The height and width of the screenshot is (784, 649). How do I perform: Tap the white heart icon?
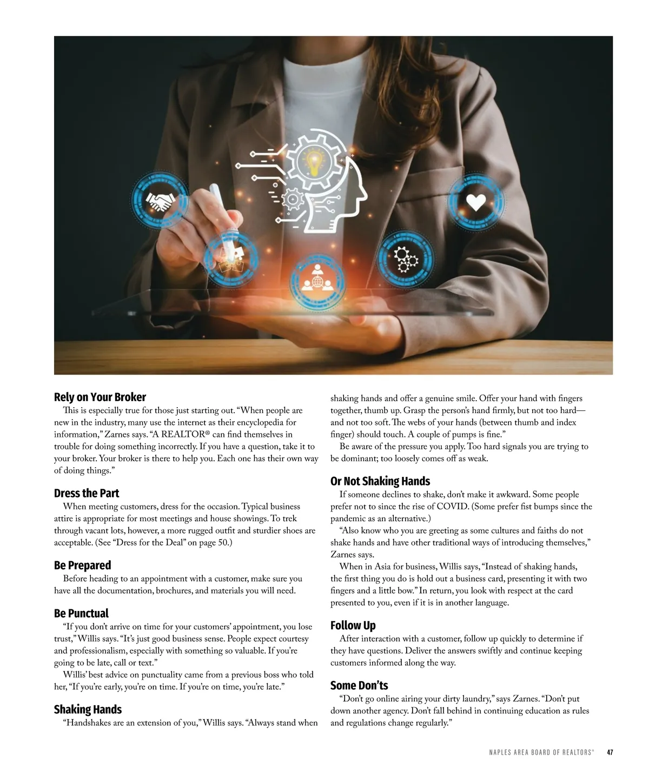pos(476,202)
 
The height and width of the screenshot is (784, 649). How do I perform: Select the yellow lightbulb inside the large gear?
pos(314,161)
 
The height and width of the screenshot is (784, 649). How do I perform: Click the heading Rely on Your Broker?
pos(100,397)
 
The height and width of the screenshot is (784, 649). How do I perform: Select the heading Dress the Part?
pos(87,493)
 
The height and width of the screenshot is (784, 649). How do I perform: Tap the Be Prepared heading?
pos(82,565)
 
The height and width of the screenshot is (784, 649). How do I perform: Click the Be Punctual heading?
pos(81,613)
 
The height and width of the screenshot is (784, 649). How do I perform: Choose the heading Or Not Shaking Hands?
pos(380,481)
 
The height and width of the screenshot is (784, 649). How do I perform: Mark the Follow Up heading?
pos(353,626)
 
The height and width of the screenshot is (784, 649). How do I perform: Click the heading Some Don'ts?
pos(359,686)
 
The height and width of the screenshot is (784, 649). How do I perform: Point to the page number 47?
pos(610,752)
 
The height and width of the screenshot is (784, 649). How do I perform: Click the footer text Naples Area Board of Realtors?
pos(541,752)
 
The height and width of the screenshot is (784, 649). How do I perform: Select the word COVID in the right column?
pos(453,507)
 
